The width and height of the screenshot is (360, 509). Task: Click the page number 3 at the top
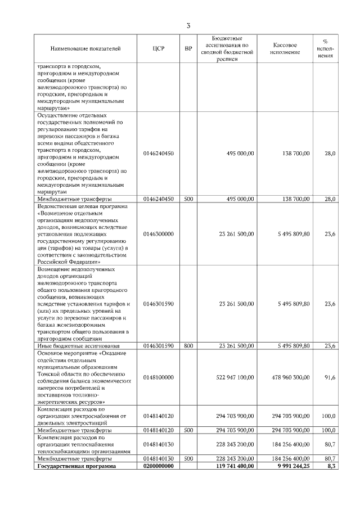[x=188, y=25]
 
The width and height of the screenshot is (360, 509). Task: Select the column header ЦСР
[x=158, y=49]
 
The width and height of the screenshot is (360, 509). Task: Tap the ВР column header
[x=188, y=49]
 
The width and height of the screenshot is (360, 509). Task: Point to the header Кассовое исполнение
[x=285, y=49]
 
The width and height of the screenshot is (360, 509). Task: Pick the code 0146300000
[x=158, y=234]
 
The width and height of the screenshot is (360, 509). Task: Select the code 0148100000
[x=158, y=377]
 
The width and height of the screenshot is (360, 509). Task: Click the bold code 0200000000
[x=158, y=466]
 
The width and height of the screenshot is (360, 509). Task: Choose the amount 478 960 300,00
[x=290, y=377]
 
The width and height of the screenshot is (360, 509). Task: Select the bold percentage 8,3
[x=331, y=466]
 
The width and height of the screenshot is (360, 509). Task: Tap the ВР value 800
[x=188, y=345]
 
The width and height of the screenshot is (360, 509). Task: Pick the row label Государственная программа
[x=75, y=466]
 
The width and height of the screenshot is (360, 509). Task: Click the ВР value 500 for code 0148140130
[x=188, y=458]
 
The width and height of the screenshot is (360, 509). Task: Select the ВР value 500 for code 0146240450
[x=188, y=199]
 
